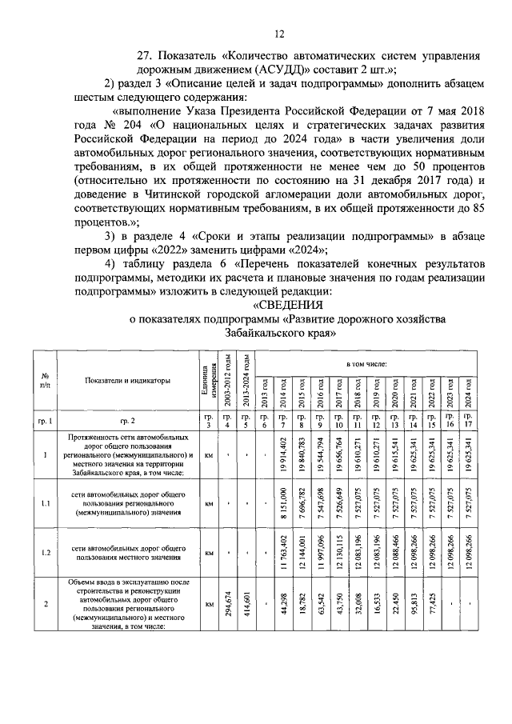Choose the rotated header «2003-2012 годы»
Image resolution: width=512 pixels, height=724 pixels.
pos(227,381)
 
